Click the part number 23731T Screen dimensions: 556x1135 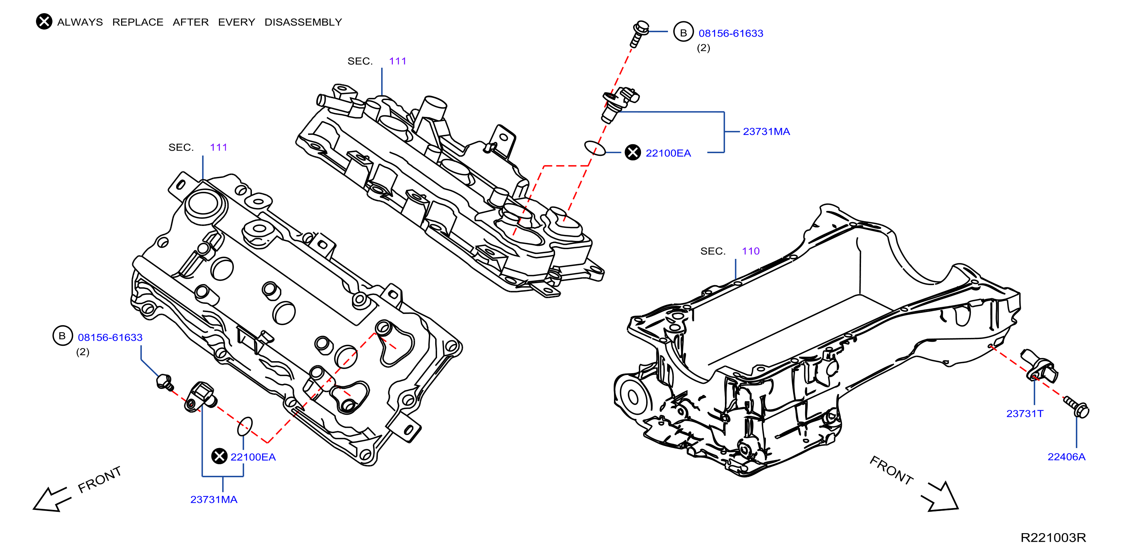(1024, 413)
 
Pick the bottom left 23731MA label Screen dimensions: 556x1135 (214, 499)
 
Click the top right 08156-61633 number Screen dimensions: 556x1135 (731, 33)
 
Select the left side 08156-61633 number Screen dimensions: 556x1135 (110, 337)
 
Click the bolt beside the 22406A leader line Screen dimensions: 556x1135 (1077, 407)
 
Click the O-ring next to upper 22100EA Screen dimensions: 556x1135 (594, 148)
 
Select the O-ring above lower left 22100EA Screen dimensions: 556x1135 (245, 426)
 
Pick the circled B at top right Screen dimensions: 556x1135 (683, 33)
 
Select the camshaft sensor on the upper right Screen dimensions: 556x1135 (619, 103)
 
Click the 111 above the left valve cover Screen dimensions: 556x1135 (218, 147)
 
